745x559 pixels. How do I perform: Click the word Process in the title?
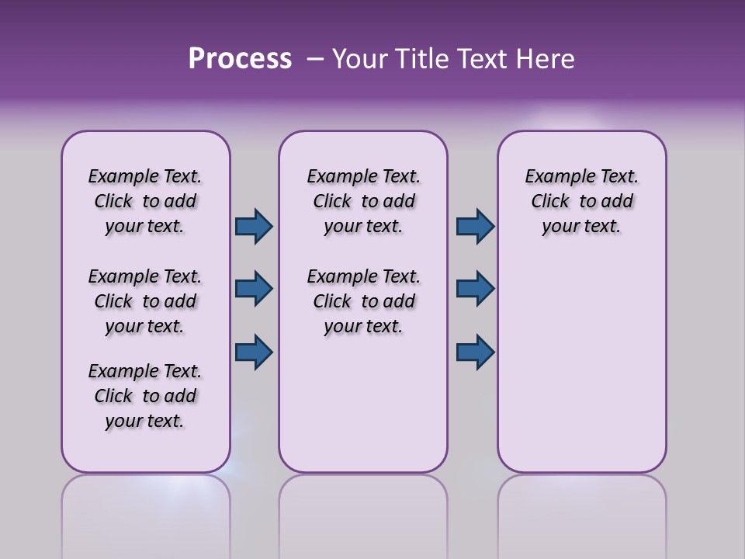coord(240,59)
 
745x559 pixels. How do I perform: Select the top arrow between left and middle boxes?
coord(254,226)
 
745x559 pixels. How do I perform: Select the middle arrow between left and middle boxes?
coord(254,289)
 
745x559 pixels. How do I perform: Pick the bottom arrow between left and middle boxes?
coord(254,352)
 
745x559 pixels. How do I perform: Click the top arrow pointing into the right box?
coord(475,226)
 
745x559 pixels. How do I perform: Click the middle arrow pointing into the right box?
coord(475,289)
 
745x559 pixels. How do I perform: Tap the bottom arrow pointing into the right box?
coord(475,352)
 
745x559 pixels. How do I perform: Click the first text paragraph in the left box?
coord(145,201)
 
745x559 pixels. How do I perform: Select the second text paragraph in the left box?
coord(145,301)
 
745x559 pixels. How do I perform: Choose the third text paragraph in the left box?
coord(145,396)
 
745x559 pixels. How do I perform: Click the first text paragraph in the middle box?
coord(363,201)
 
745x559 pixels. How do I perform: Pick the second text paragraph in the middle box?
coord(363,301)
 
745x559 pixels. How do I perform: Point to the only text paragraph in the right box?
coord(581,201)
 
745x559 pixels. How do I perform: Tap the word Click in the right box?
coord(550,201)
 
